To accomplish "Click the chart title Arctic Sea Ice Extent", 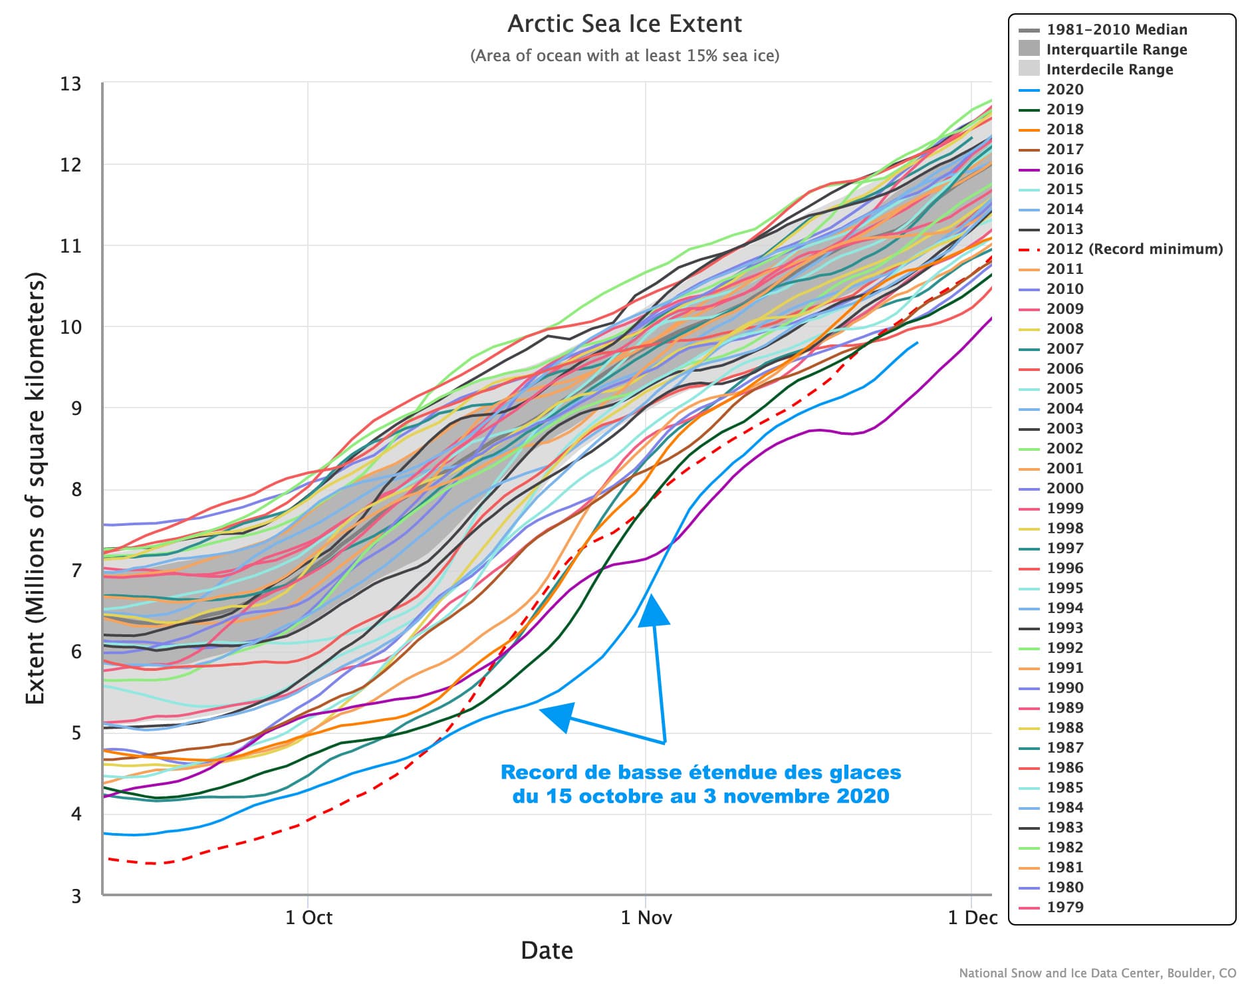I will [624, 25].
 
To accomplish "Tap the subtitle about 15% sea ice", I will [624, 56].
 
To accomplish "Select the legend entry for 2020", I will [1064, 90].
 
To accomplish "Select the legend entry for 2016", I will [1064, 170].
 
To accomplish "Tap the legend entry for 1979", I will [1064, 908].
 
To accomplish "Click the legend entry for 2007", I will [1064, 349].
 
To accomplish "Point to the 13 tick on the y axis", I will [70, 84].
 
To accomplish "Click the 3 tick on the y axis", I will [76, 896].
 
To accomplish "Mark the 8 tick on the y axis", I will [76, 490].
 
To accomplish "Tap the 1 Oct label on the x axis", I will [309, 918].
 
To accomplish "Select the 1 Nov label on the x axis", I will [646, 918].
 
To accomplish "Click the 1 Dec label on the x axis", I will [972, 918].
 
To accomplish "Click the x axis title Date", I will [547, 951].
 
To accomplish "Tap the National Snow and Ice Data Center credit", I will [1097, 973].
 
